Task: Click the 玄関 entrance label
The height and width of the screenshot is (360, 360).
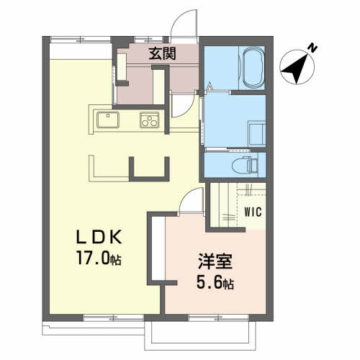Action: click(x=162, y=53)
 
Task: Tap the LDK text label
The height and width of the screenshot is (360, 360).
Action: click(x=99, y=237)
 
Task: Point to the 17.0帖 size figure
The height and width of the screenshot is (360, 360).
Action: click(x=99, y=258)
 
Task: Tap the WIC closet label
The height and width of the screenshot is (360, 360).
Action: click(x=253, y=212)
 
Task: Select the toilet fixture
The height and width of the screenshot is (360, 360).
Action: click(x=245, y=165)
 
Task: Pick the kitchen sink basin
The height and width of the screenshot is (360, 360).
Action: click(x=108, y=120)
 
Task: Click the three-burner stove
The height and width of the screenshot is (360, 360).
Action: click(x=150, y=120)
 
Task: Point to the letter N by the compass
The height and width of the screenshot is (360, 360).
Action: click(x=312, y=48)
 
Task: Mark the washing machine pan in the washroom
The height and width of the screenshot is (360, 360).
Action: click(x=257, y=133)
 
